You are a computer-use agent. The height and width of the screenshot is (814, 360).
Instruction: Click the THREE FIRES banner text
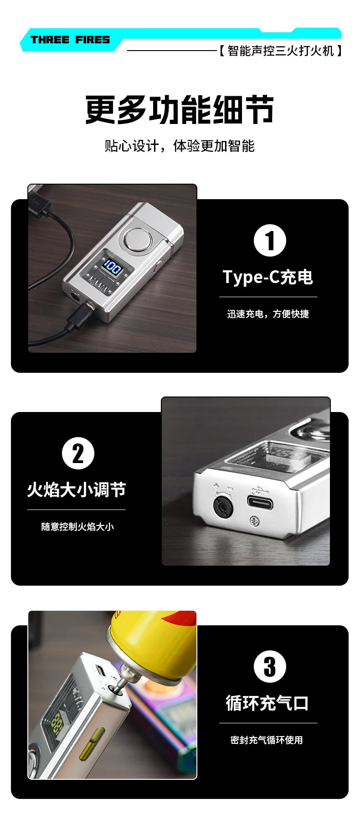tap(70, 40)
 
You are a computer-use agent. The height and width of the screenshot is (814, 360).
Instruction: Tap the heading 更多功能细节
tap(180, 110)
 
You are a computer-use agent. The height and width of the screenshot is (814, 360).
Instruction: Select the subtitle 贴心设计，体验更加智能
tap(180, 146)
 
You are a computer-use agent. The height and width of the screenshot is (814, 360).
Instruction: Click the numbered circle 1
tap(270, 241)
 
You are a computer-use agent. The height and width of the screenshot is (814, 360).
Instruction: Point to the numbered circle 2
tap(78, 453)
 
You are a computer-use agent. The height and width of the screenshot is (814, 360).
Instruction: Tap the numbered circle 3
tap(270, 666)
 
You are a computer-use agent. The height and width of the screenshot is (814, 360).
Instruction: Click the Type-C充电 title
tap(268, 277)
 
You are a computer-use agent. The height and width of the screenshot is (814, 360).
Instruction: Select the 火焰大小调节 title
tap(76, 490)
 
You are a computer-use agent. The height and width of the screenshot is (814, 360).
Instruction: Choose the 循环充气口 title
tap(267, 703)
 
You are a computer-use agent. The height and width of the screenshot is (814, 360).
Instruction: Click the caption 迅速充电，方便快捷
tap(268, 314)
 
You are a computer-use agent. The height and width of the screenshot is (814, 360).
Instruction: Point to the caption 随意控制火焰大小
tap(77, 527)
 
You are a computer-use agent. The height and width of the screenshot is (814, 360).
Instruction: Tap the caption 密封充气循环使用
tap(267, 740)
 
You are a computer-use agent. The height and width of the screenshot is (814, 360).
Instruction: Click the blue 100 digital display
tap(112, 267)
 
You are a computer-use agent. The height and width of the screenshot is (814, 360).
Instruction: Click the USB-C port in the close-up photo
tap(260, 503)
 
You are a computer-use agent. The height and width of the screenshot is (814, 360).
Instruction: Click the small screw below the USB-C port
tap(256, 519)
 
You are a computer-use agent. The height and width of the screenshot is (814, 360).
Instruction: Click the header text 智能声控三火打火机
tap(280, 51)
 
